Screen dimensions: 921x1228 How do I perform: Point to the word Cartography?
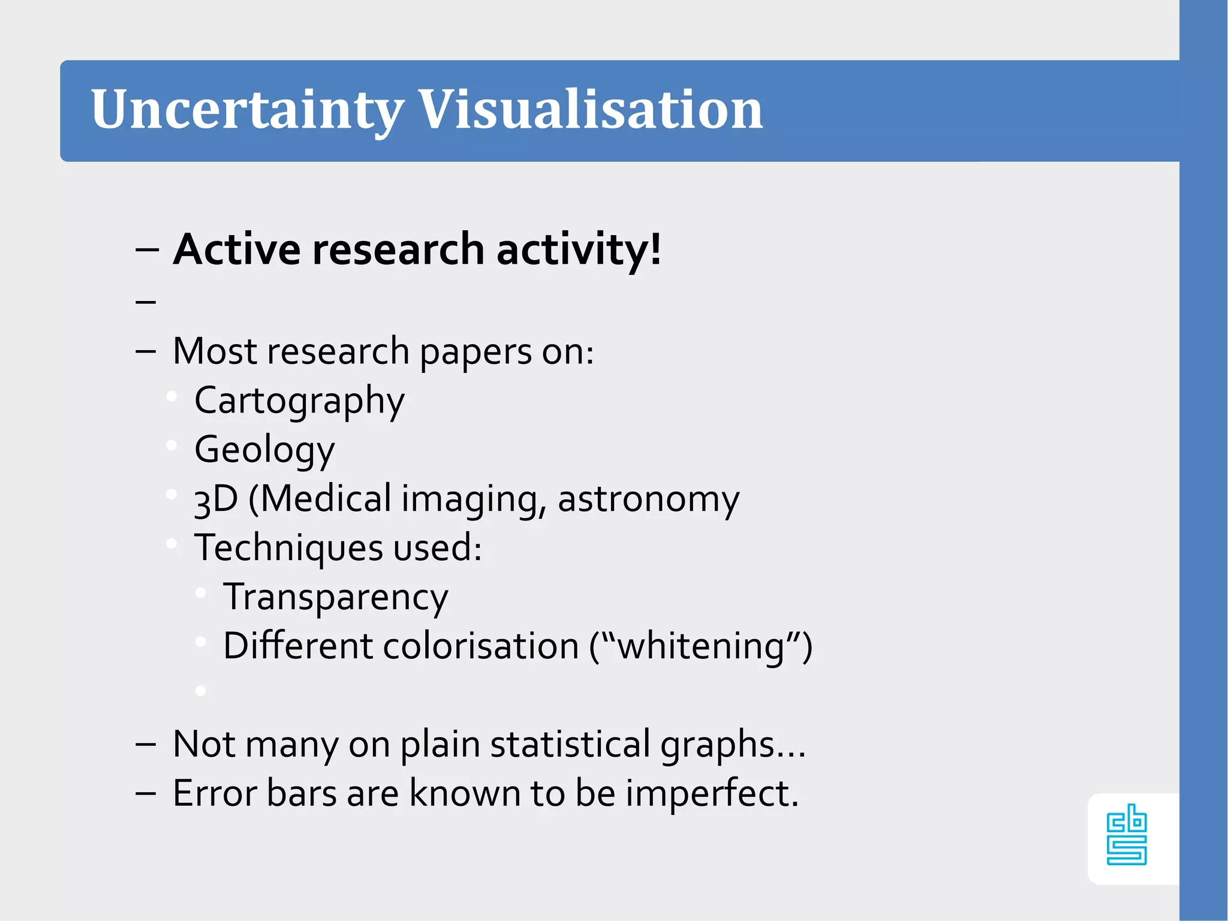[299, 401]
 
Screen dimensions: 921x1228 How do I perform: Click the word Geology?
[264, 450]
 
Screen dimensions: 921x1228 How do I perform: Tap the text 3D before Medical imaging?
[216, 500]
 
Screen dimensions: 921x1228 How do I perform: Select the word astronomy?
[648, 500]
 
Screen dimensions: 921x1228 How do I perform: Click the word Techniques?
[288, 549]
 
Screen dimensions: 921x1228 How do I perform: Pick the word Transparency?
[335, 598]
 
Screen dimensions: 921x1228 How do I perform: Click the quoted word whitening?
[701, 647]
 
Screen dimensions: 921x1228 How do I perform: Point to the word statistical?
[570, 745]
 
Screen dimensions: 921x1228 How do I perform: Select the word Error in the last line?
[214, 794]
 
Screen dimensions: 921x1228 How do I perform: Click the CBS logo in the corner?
[1127, 835]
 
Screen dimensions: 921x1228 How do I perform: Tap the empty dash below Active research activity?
[146, 301]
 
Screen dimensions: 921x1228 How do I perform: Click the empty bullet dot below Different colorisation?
[201, 691]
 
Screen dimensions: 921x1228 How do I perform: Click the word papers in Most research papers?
[475, 352]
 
